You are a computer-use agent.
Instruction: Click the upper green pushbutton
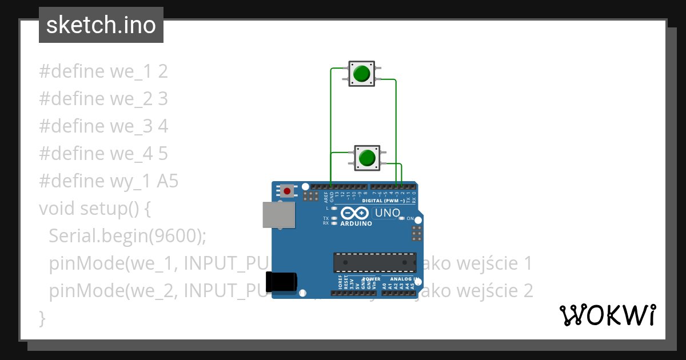coord(361,74)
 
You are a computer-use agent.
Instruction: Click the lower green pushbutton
coord(367,157)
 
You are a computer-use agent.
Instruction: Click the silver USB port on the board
coord(279,215)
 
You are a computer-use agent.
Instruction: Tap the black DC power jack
coord(281,282)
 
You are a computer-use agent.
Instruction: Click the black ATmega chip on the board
coord(374,262)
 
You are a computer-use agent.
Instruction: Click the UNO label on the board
coord(387,213)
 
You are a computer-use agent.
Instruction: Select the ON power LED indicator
coord(402,218)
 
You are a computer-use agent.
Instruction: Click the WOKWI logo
coord(608,315)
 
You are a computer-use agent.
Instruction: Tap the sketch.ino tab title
coord(101,25)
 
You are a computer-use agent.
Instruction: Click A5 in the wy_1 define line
coord(167,181)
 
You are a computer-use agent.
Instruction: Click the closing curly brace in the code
coord(41,318)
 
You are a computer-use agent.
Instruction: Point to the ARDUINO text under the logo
coord(356,223)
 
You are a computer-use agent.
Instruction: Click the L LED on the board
coord(334,208)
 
